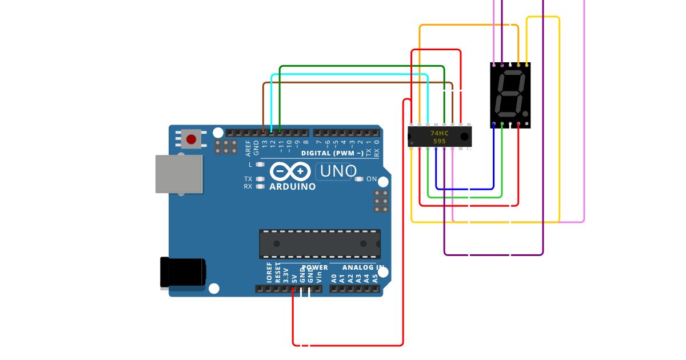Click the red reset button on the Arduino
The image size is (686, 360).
(x=191, y=139)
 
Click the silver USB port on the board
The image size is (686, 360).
(x=179, y=174)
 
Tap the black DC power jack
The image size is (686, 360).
(x=182, y=273)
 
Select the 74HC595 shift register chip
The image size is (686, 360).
(x=439, y=137)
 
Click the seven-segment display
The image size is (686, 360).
(x=510, y=95)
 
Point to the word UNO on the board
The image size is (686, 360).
(x=338, y=171)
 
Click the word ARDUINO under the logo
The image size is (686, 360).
(x=292, y=187)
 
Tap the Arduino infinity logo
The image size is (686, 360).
(x=290, y=171)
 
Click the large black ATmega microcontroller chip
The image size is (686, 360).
(x=320, y=243)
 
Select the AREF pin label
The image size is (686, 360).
(x=248, y=148)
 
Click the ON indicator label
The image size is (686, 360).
(x=372, y=179)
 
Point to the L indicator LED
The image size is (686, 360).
(x=260, y=165)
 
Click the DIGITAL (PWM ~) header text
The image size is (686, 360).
(x=332, y=153)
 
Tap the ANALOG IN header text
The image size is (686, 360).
(x=363, y=267)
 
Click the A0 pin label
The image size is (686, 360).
(x=334, y=278)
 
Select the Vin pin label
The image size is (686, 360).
(x=319, y=277)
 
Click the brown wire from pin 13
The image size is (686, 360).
(x=354, y=83)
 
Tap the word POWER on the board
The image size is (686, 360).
(x=314, y=267)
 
